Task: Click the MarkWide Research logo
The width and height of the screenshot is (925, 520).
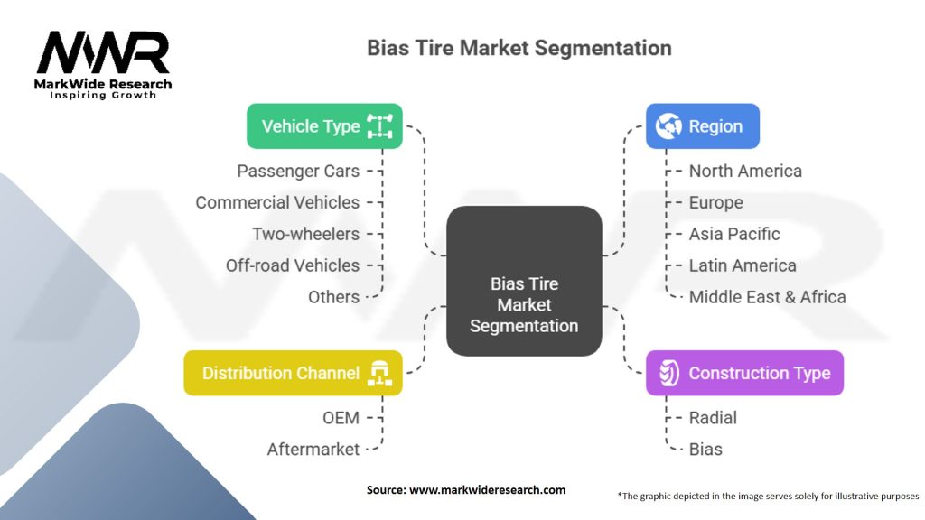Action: tap(104, 63)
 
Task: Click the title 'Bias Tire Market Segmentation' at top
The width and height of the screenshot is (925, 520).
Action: tap(519, 48)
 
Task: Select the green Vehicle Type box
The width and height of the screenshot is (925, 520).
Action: tap(324, 126)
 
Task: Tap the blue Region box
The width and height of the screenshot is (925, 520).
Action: tap(702, 126)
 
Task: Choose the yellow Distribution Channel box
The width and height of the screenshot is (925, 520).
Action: tap(293, 373)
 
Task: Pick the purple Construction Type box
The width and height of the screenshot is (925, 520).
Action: tap(744, 373)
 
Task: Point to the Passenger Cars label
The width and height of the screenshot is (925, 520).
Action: tap(298, 171)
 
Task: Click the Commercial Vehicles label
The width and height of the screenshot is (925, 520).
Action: tap(277, 202)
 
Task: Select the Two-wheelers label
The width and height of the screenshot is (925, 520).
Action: tap(305, 234)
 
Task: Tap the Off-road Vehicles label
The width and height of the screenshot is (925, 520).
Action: tap(293, 265)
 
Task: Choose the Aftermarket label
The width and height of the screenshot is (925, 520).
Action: tap(313, 449)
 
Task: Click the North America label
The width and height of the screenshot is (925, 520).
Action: tap(745, 171)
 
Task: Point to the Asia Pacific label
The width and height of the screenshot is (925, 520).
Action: tap(734, 234)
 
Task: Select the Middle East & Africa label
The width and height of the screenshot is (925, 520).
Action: tap(767, 297)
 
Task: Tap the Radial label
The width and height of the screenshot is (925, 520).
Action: tap(713, 417)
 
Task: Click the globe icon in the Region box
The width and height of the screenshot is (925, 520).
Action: tap(669, 126)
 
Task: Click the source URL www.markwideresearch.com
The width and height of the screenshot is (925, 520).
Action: tap(487, 490)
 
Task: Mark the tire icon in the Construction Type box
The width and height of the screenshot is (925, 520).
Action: tap(668, 373)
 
